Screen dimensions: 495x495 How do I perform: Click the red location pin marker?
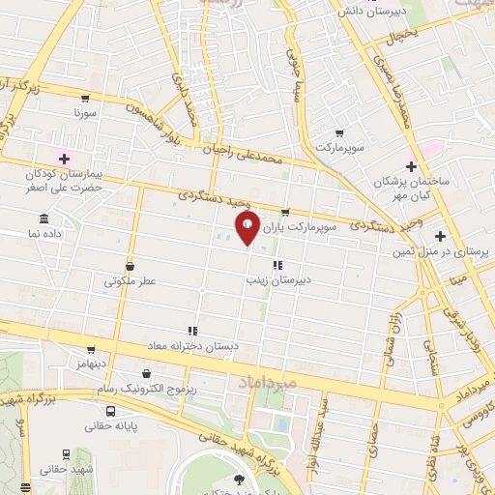point(247,227)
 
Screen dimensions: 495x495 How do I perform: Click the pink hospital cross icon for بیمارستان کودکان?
point(64,159)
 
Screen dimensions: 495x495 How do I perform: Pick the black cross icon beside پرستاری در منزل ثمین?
point(440,236)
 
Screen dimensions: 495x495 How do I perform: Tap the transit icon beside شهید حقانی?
point(66,453)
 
